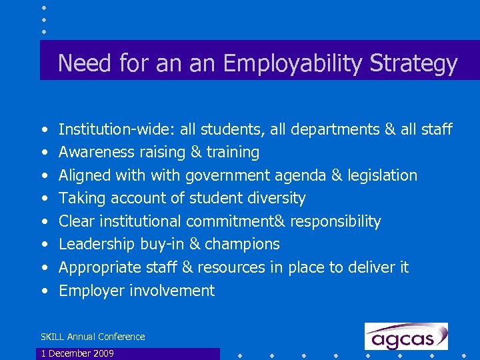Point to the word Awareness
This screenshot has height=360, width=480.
[x=97, y=152]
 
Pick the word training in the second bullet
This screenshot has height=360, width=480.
[x=233, y=152]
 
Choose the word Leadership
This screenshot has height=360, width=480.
[x=97, y=244]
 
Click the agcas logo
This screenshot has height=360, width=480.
[x=406, y=336]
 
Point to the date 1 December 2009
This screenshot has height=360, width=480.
[x=77, y=353]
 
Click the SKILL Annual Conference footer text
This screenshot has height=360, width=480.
[x=93, y=337]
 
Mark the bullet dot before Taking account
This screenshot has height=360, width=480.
[x=43, y=199]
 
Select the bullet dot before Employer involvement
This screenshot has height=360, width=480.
[x=43, y=291]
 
